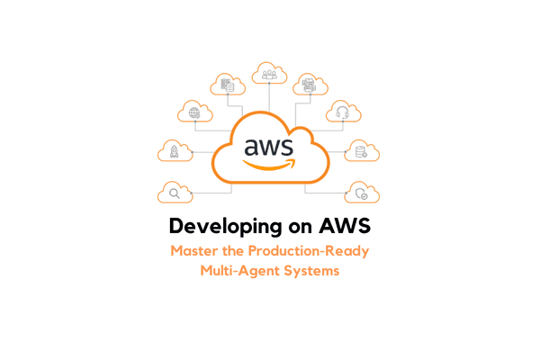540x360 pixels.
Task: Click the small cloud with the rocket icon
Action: pyautogui.click(x=174, y=152)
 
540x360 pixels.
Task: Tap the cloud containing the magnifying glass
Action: pyautogui.click(x=174, y=193)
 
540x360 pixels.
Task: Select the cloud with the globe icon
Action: pyautogui.click(x=194, y=112)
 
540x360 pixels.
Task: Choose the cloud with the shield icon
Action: pyautogui.click(x=362, y=193)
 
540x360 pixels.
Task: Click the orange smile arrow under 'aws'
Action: pyautogui.click(x=269, y=165)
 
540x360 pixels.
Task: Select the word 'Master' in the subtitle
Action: pyautogui.click(x=193, y=250)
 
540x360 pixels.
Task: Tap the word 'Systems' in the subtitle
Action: pyautogui.click(x=311, y=271)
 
